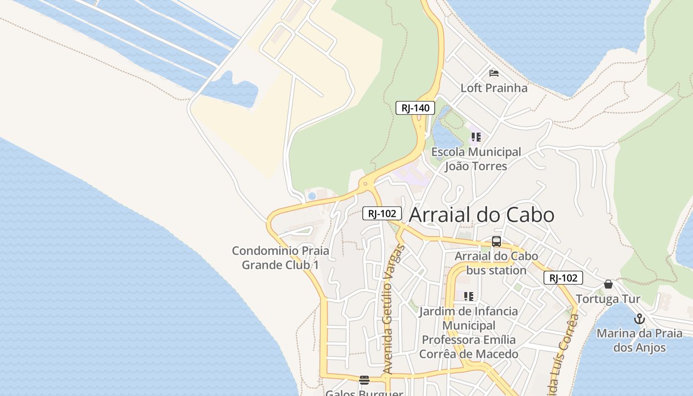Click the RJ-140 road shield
pos(415,108)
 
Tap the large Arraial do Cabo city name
pos(482,215)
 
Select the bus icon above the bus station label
pos(496,242)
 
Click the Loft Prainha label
pos(494,88)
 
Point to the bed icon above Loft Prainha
pos(494,73)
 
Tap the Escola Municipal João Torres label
pos(476,159)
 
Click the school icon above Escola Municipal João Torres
pos(476,137)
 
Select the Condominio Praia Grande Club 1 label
pos(280,258)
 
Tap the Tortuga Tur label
pos(608,299)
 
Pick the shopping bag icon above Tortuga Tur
pos(608,284)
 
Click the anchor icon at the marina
pos(639,319)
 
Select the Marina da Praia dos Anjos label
pos(639,341)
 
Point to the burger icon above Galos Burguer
pos(364,380)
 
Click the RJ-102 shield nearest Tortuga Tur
pos(563,278)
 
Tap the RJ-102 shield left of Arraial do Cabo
pos(382,213)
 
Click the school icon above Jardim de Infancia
pos(468,297)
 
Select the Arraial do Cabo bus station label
pos(496,263)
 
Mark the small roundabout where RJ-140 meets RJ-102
pos(365,184)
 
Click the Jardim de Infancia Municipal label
pos(468,318)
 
